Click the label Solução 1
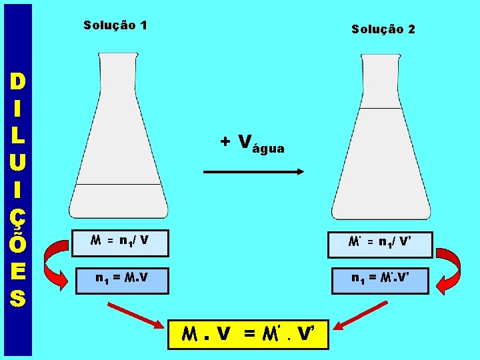[115, 26]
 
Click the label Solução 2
[383, 29]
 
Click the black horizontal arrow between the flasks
[253, 172]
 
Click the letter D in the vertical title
[18, 81]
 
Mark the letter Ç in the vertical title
[18, 216]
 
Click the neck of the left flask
[118, 73]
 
